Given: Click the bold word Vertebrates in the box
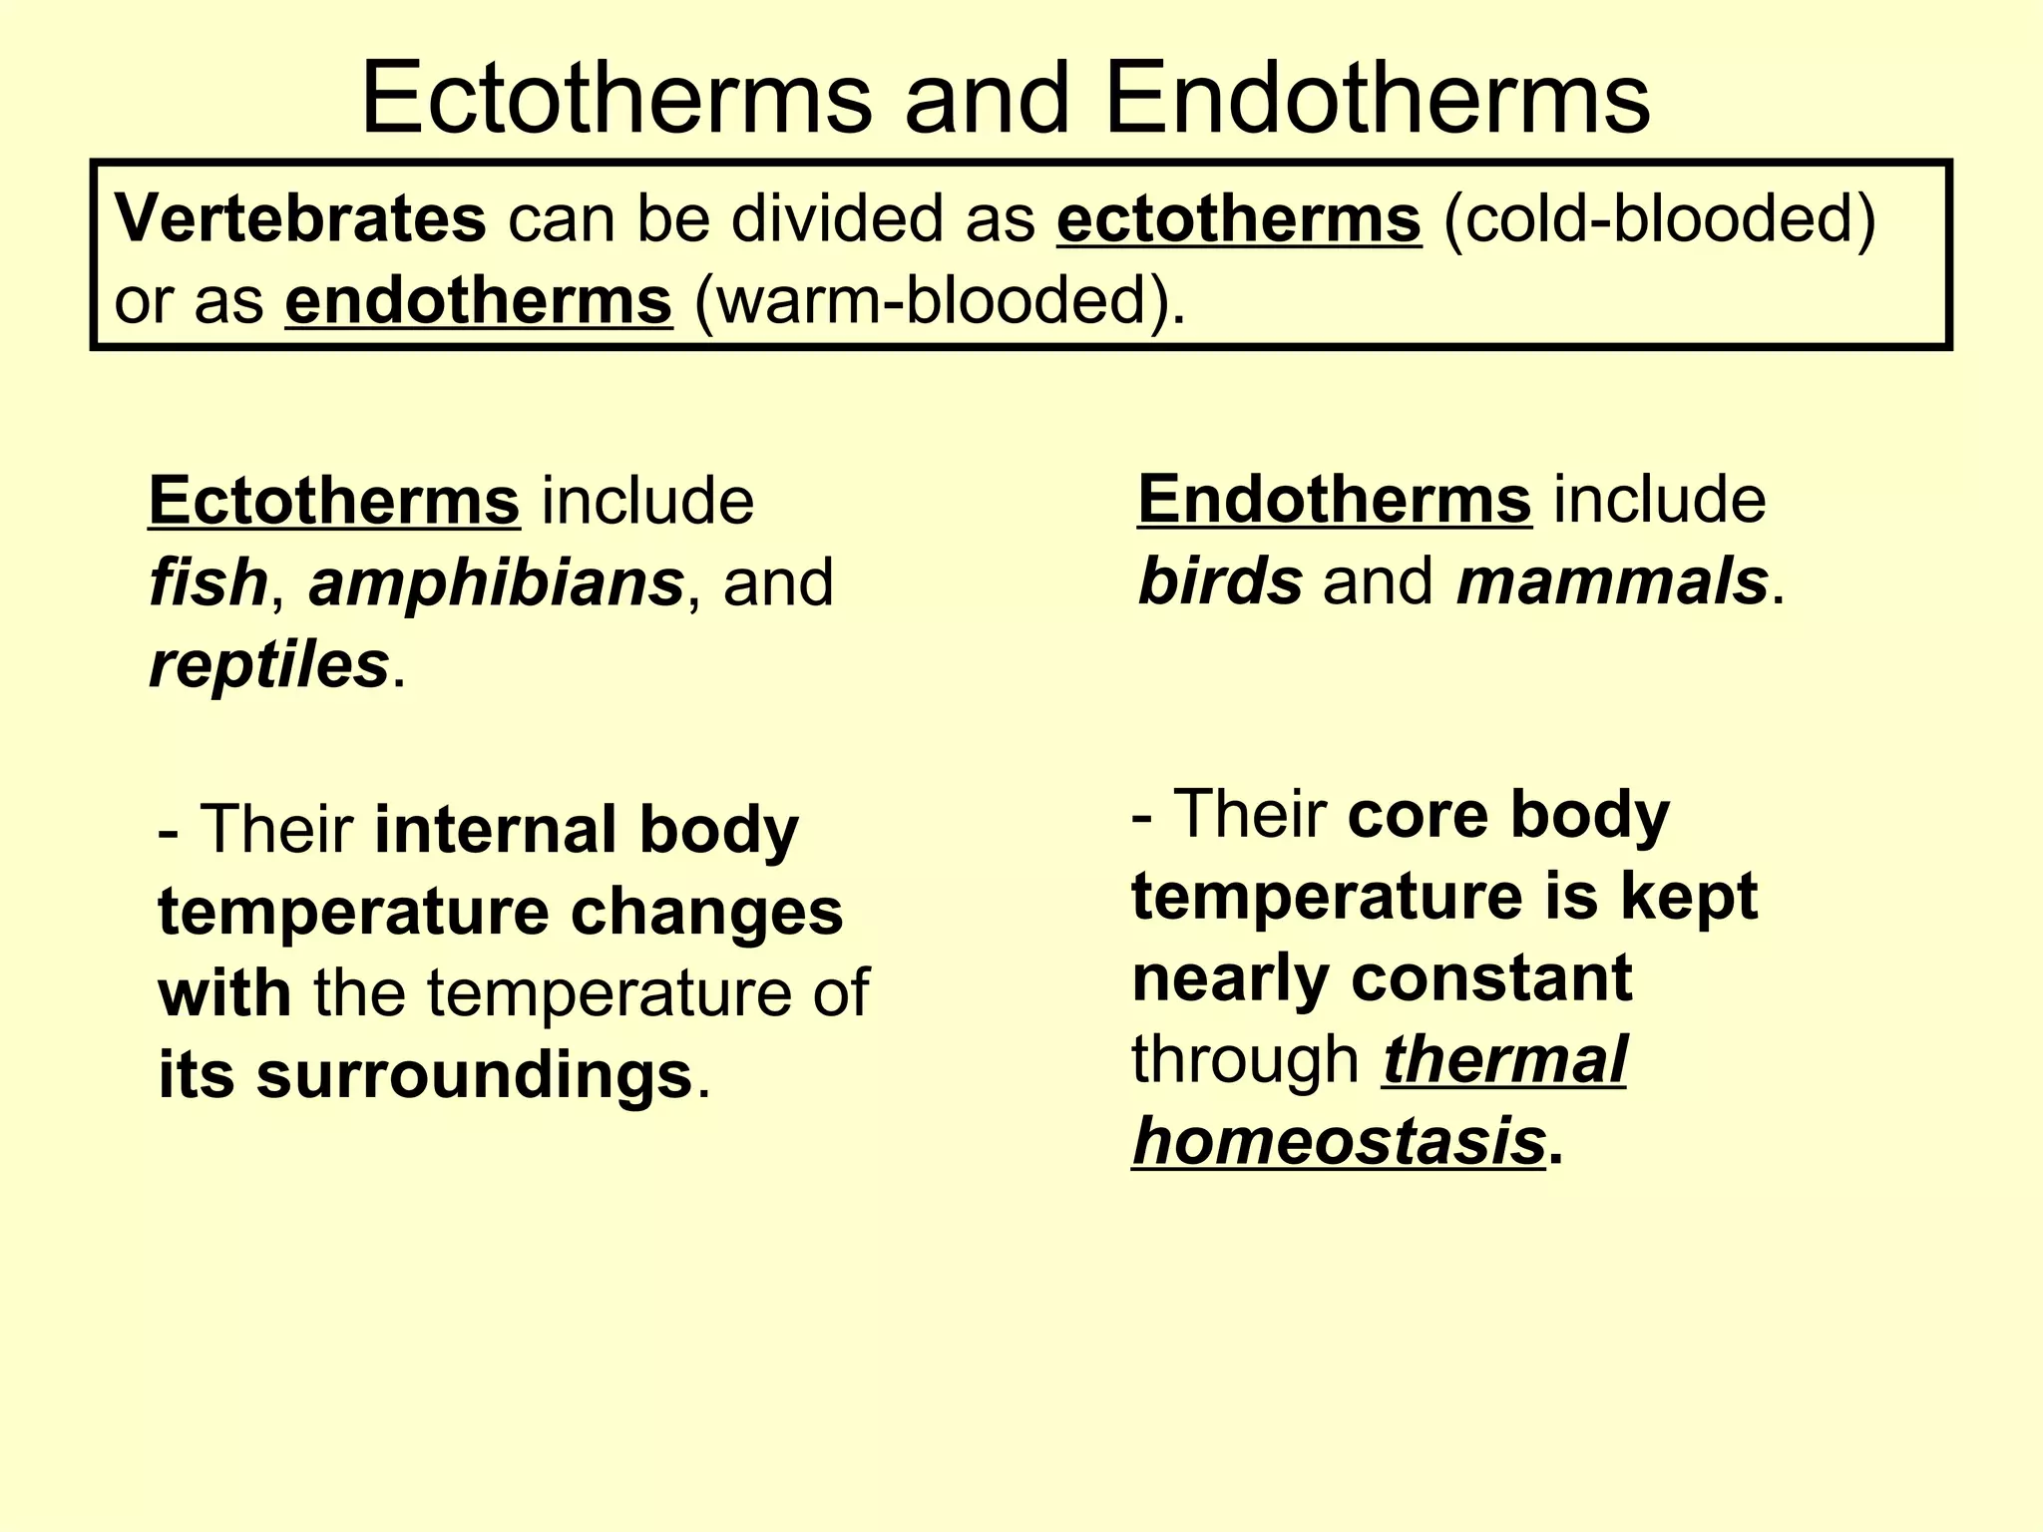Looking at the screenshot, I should (300, 219).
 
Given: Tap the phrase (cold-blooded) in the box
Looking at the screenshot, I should (1659, 219).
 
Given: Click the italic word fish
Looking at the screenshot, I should (207, 583).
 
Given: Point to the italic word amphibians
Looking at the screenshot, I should (496, 583).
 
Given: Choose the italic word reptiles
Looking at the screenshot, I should (268, 665).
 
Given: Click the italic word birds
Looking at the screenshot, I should (1220, 581).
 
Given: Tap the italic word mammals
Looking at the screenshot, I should (1612, 581).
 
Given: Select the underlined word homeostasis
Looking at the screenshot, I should (1339, 1142).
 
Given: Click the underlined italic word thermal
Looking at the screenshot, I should (1504, 1060).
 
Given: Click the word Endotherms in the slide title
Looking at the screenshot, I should (1378, 101).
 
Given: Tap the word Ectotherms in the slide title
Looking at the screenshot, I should (615, 101).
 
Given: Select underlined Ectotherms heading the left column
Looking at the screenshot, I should (333, 501).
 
